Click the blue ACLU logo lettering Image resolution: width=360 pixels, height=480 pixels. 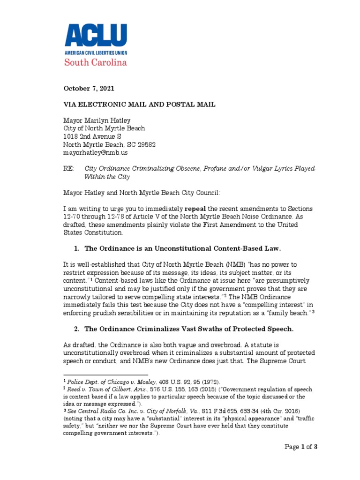[96, 35]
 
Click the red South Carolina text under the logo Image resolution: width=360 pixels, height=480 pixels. [96, 62]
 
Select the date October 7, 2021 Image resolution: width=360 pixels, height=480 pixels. [89, 88]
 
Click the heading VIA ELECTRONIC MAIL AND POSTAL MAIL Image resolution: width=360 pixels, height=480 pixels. [140, 105]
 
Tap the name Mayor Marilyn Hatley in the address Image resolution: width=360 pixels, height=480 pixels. [97, 120]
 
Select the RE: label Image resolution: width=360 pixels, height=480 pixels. [69, 169]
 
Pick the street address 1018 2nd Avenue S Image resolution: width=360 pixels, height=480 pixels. [92, 136]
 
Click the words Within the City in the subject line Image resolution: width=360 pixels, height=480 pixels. [107, 177]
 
